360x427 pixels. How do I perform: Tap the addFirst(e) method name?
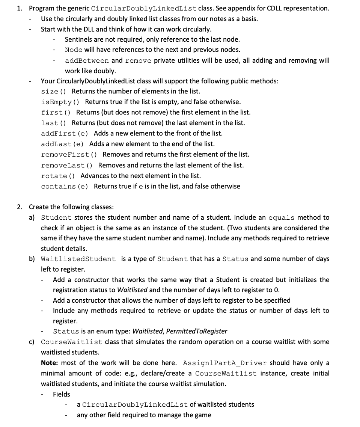point(64,133)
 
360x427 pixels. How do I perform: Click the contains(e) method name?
point(64,186)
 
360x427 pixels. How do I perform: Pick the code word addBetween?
point(87,60)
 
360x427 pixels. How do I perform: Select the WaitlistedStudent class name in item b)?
point(78,259)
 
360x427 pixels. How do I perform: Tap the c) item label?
point(32,342)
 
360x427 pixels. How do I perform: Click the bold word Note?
point(50,363)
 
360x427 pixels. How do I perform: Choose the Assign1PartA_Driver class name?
point(224,363)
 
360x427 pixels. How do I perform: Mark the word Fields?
point(62,394)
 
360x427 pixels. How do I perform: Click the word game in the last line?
point(203,415)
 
